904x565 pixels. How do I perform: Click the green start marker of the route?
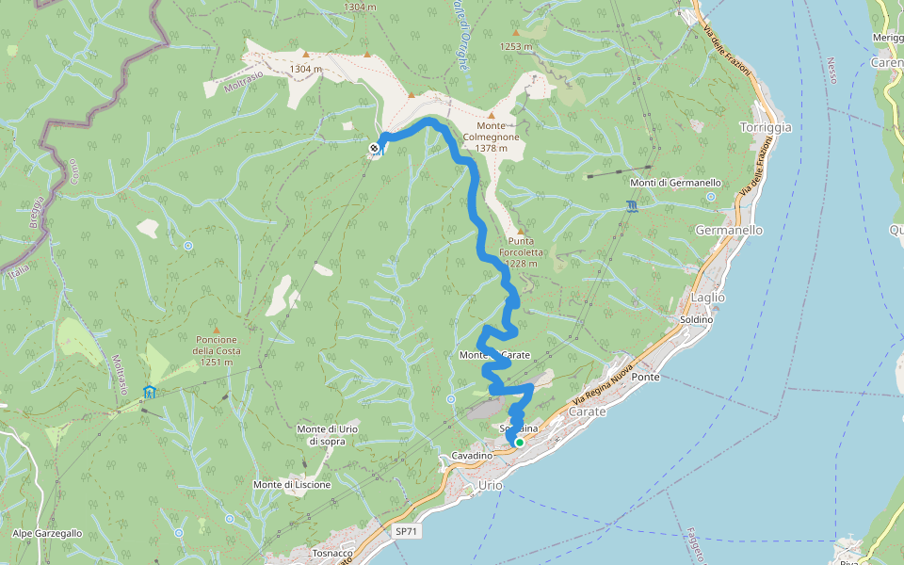[x=519, y=442]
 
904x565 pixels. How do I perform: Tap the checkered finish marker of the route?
[x=375, y=147]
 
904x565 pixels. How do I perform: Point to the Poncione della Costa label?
[x=218, y=345]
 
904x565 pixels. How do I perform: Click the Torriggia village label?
[x=766, y=127]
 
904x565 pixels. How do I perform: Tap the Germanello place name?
[x=729, y=230]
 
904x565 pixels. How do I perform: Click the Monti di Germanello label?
[x=675, y=183]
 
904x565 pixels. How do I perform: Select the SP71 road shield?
[x=406, y=531]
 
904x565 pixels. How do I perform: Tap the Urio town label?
[x=491, y=484]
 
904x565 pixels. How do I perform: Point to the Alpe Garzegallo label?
[x=47, y=533]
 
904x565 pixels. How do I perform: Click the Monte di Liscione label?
[x=292, y=484]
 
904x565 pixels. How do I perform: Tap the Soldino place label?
[x=693, y=320]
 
